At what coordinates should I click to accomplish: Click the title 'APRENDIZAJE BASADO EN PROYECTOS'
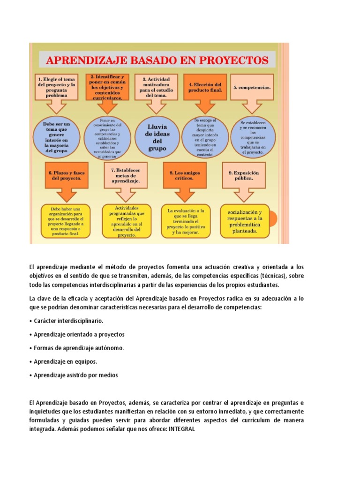point(157,60)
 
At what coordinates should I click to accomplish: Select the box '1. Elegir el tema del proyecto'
point(56,87)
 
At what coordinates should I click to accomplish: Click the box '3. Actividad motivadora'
point(156,87)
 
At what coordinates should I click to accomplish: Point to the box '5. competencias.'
point(252,87)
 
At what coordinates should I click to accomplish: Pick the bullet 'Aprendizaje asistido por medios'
point(73,375)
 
